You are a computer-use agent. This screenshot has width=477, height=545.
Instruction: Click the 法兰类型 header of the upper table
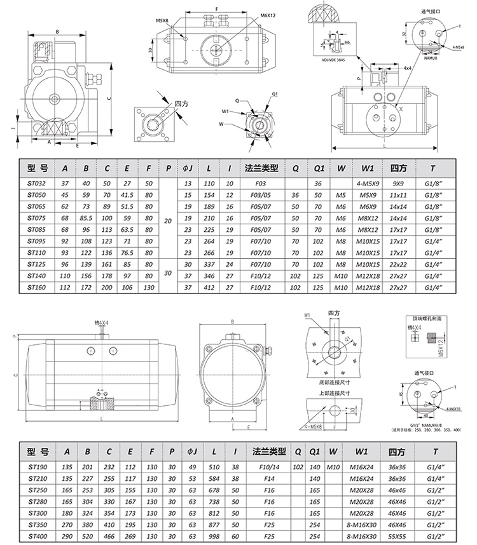click(261, 168)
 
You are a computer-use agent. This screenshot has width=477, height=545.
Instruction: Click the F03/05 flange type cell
click(261, 195)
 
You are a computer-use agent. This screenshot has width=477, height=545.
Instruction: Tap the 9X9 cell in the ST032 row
click(399, 184)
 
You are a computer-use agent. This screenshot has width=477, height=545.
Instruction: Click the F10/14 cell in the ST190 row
click(269, 466)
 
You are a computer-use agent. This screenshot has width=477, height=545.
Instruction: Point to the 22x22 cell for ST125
click(399, 264)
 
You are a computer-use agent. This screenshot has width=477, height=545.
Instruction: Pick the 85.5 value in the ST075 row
click(86, 218)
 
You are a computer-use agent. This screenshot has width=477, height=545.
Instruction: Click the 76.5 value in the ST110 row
click(128, 252)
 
